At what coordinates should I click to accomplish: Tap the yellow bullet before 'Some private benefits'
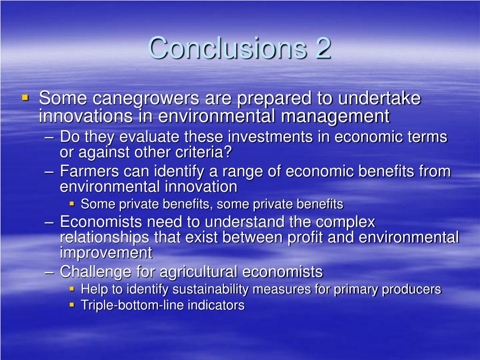pos(72,204)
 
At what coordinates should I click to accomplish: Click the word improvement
pos(106,253)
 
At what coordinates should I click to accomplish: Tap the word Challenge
pos(95,271)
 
